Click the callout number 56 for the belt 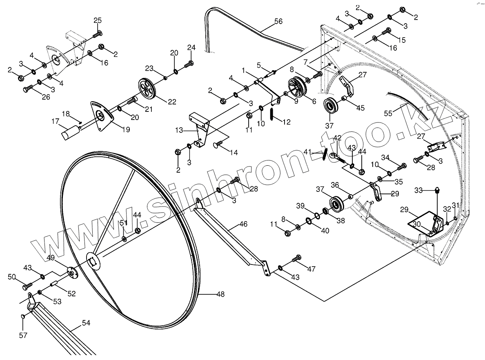(x=278, y=22)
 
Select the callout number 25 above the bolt (x=98, y=21)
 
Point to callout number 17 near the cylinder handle (x=55, y=121)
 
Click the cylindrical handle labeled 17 (x=72, y=133)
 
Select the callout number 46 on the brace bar (x=243, y=224)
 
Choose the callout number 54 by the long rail (x=86, y=323)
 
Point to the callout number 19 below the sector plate (x=126, y=130)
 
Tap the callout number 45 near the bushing (x=360, y=108)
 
